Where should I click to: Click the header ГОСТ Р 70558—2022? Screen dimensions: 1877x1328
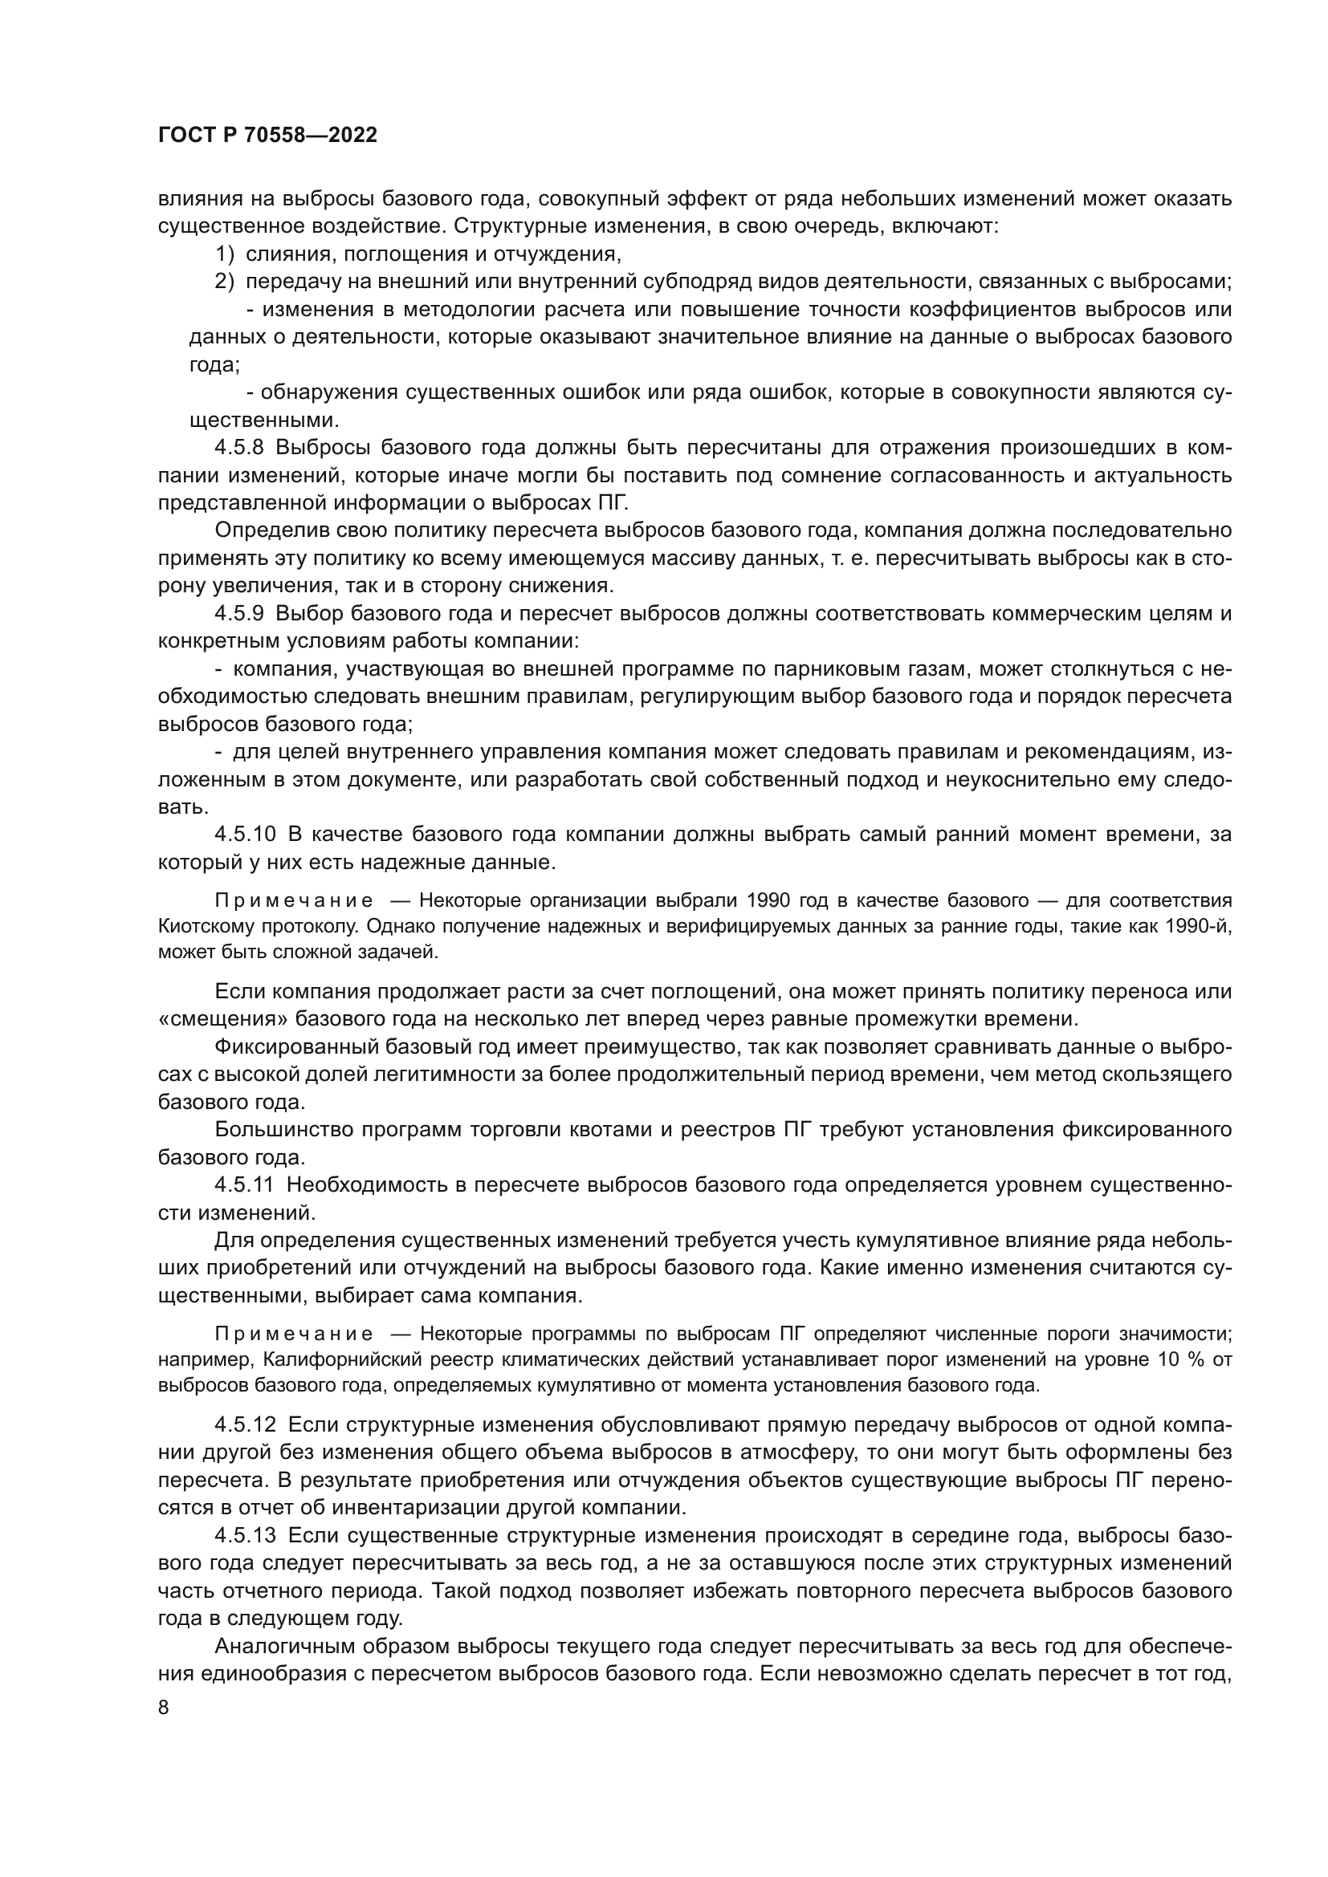point(267,136)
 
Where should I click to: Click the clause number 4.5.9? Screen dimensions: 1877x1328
point(238,613)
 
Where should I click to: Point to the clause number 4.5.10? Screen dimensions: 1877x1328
point(246,835)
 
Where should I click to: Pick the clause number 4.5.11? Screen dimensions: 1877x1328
point(245,1184)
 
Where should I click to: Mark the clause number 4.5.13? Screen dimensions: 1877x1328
point(246,1535)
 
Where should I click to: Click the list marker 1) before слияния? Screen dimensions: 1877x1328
point(225,254)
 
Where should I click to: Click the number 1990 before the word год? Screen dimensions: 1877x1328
point(768,901)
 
